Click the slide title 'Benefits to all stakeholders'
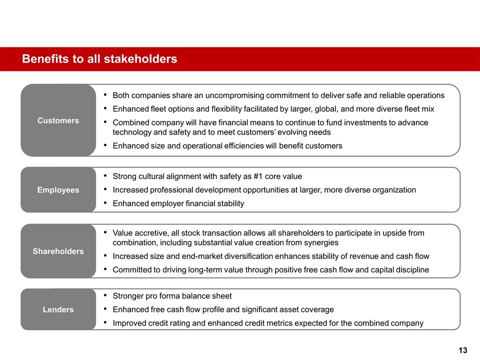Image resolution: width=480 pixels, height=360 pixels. tap(99, 59)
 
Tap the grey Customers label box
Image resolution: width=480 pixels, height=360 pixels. tap(58, 120)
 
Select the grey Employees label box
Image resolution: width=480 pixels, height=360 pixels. tap(58, 190)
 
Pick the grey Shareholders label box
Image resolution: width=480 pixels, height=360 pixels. tap(58, 251)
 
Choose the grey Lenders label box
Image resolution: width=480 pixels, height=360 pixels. tap(58, 309)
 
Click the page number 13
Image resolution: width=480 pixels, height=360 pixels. tap(462, 350)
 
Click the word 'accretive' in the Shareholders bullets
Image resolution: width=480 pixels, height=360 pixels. tap(151, 233)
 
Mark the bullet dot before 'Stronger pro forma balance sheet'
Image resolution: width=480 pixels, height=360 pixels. tap(103, 296)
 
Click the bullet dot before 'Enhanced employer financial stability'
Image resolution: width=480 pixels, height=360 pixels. tap(103, 203)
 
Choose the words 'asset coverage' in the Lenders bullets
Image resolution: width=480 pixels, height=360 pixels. tap(308, 309)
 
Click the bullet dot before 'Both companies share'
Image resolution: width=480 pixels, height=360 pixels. tap(103, 95)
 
